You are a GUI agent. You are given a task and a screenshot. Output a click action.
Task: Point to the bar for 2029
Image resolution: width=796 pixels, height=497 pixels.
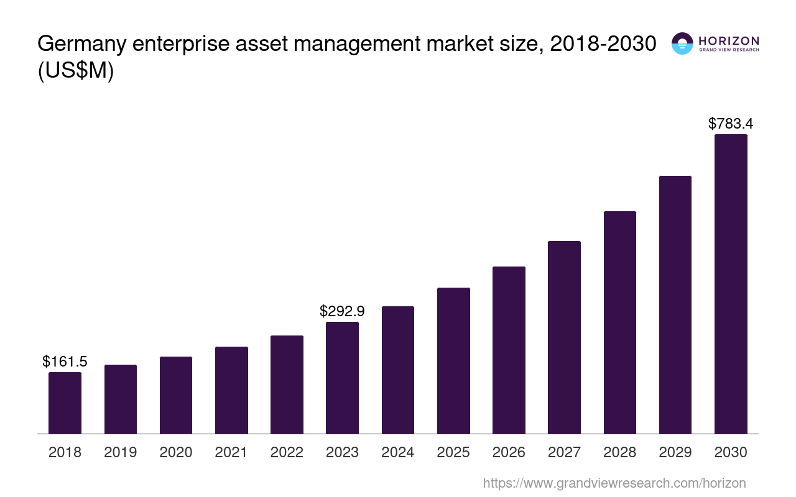[675, 304]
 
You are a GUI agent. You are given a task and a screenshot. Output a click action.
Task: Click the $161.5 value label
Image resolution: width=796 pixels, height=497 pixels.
[65, 361]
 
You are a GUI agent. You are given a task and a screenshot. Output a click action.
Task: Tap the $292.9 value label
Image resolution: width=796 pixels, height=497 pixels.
[342, 311]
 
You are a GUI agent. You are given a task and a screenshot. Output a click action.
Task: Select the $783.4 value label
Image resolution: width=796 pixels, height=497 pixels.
[731, 123]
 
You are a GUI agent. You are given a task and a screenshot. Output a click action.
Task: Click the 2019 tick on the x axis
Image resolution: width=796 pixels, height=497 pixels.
[120, 452]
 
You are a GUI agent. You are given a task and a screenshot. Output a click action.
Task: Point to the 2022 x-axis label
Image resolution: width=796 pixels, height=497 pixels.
[287, 452]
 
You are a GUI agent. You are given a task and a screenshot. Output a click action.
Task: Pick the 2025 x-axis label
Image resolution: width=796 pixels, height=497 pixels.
[453, 452]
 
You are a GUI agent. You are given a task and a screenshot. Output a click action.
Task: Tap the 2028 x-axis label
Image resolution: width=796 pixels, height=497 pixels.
[619, 452]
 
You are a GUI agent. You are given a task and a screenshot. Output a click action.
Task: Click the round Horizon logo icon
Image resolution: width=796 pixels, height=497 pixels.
[682, 43]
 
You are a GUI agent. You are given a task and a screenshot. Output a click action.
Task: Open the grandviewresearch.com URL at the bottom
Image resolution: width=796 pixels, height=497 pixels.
[614, 483]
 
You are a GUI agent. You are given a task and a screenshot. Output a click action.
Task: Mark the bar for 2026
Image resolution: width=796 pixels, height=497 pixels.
[509, 350]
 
